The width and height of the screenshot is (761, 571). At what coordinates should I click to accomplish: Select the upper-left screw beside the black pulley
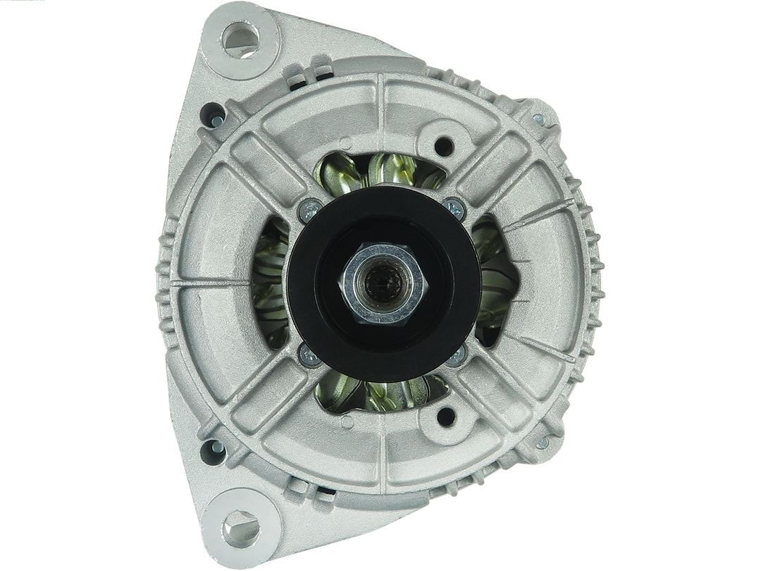(309, 209)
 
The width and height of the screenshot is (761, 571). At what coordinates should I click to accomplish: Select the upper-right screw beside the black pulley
(454, 209)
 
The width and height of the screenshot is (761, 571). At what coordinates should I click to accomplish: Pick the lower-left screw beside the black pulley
(309, 355)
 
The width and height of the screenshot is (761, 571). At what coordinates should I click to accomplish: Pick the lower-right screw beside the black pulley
(456, 355)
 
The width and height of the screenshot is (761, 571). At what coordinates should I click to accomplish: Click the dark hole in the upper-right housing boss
(444, 147)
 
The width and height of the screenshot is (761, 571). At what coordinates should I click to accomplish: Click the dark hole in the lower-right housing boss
(445, 416)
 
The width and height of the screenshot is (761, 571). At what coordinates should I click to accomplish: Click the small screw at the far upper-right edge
(539, 120)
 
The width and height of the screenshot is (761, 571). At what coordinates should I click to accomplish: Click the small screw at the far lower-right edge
(542, 443)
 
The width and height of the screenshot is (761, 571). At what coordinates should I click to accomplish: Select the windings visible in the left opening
(271, 282)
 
